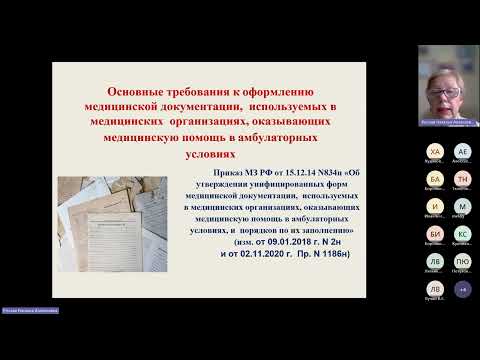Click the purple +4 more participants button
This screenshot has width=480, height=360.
[461, 288]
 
